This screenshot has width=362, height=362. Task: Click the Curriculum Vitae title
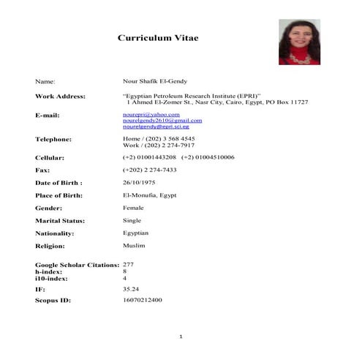point(158,38)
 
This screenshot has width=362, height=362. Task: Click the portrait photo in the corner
point(299,41)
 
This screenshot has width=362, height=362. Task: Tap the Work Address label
point(60,97)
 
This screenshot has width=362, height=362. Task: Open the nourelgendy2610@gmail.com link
point(162,121)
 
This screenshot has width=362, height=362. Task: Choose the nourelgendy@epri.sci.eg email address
point(161,127)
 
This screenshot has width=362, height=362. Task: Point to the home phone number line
point(159,139)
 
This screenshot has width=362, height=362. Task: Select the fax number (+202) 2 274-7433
point(150,170)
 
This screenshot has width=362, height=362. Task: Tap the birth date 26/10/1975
point(138,182)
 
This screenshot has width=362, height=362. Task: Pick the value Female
point(134,208)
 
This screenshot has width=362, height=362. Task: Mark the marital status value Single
point(132,220)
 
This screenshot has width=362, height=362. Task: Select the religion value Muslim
point(134,246)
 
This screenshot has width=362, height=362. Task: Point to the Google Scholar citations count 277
point(128,264)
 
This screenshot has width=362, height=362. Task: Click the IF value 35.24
point(131,290)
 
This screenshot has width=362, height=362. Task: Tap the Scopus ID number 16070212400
point(143,300)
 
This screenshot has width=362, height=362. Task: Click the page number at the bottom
point(181,336)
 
